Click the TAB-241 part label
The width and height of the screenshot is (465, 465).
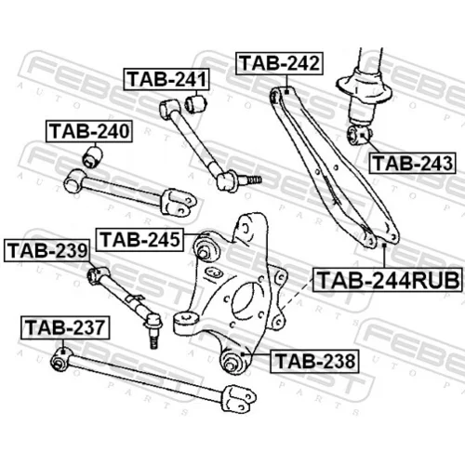(166, 79)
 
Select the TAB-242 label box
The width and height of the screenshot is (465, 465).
(279, 63)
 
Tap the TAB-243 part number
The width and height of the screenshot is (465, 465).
(412, 163)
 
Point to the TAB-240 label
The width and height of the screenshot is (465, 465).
(89, 131)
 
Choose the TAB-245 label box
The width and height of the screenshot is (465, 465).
(139, 240)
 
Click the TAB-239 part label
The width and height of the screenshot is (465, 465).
(47, 250)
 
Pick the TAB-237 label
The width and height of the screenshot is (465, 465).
(65, 327)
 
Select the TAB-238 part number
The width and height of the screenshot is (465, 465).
(314, 361)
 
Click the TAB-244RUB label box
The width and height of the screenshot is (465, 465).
(388, 280)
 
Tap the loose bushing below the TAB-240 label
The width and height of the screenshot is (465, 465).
(93, 157)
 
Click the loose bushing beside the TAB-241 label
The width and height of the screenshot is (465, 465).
(196, 103)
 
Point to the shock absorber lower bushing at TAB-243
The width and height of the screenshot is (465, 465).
(359, 135)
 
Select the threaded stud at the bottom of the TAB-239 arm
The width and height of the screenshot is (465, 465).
(153, 339)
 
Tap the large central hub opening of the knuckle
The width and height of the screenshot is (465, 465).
(246, 303)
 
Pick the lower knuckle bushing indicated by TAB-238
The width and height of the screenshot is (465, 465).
(232, 361)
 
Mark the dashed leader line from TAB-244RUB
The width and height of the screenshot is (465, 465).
(296, 294)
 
